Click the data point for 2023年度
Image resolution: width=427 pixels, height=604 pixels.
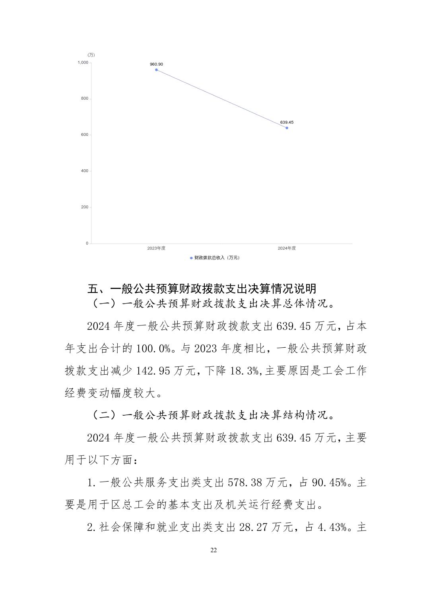coord(156,70)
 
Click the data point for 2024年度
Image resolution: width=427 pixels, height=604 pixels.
coord(287,128)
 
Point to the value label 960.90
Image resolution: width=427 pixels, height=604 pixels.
coord(156,64)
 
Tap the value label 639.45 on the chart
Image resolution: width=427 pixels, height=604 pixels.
coord(287,122)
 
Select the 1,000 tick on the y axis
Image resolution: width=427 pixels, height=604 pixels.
coord(83,62)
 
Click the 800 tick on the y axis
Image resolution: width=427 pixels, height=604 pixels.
coord(84,99)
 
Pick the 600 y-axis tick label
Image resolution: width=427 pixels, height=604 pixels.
coord(84,135)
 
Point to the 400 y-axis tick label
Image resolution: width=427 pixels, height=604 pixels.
coord(84,171)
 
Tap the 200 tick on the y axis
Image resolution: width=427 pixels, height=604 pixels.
coord(84,207)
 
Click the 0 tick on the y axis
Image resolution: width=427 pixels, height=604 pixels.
coord(87,243)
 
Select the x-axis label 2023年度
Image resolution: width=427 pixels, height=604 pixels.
coord(156,248)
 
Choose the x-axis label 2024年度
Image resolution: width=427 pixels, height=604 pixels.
coord(287,248)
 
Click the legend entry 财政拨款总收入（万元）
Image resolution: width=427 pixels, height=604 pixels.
coord(215,258)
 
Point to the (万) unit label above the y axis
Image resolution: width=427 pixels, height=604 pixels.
coord(91,55)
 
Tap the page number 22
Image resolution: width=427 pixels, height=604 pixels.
coord(213,550)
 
